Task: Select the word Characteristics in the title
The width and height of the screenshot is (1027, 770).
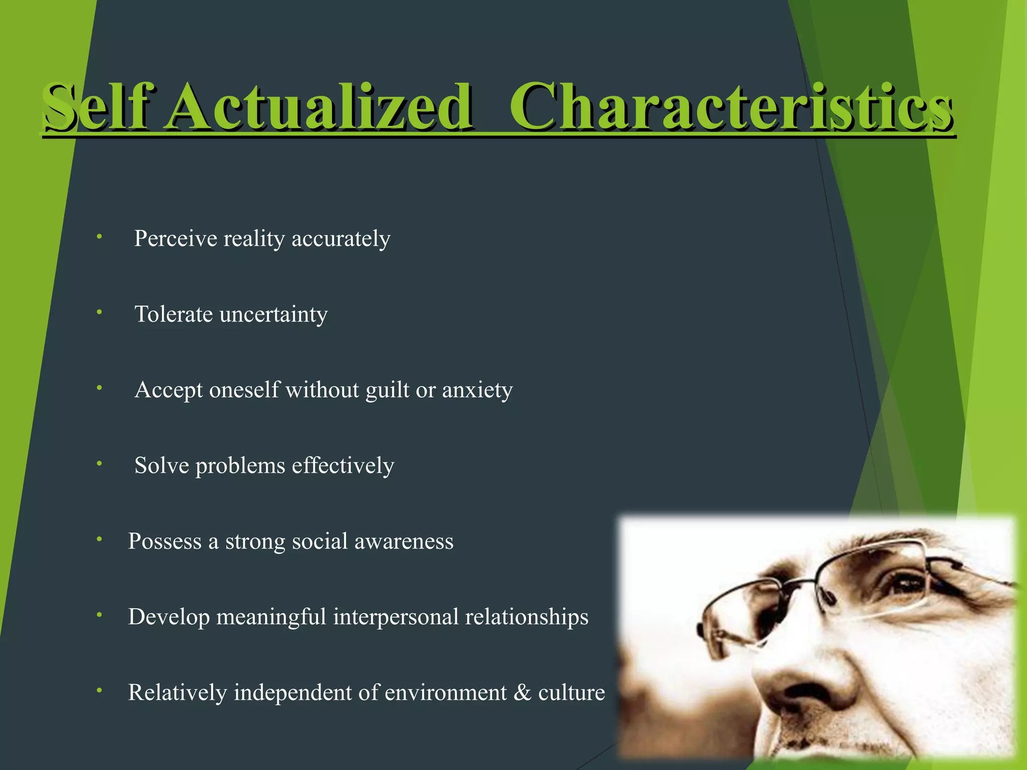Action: pyautogui.click(x=731, y=106)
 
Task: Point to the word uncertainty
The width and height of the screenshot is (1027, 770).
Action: pyautogui.click(x=274, y=315)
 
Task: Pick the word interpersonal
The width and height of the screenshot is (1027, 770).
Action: pyautogui.click(x=396, y=617)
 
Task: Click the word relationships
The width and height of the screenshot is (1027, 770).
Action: pyautogui.click(x=527, y=617)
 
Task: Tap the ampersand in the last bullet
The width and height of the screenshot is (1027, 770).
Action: pyautogui.click(x=522, y=692)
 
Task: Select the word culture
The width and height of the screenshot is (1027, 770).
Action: pyautogui.click(x=572, y=692)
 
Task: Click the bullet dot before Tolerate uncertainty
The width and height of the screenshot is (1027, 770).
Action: pyautogui.click(x=100, y=312)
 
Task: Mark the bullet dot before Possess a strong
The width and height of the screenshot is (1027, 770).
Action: pyautogui.click(x=100, y=539)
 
